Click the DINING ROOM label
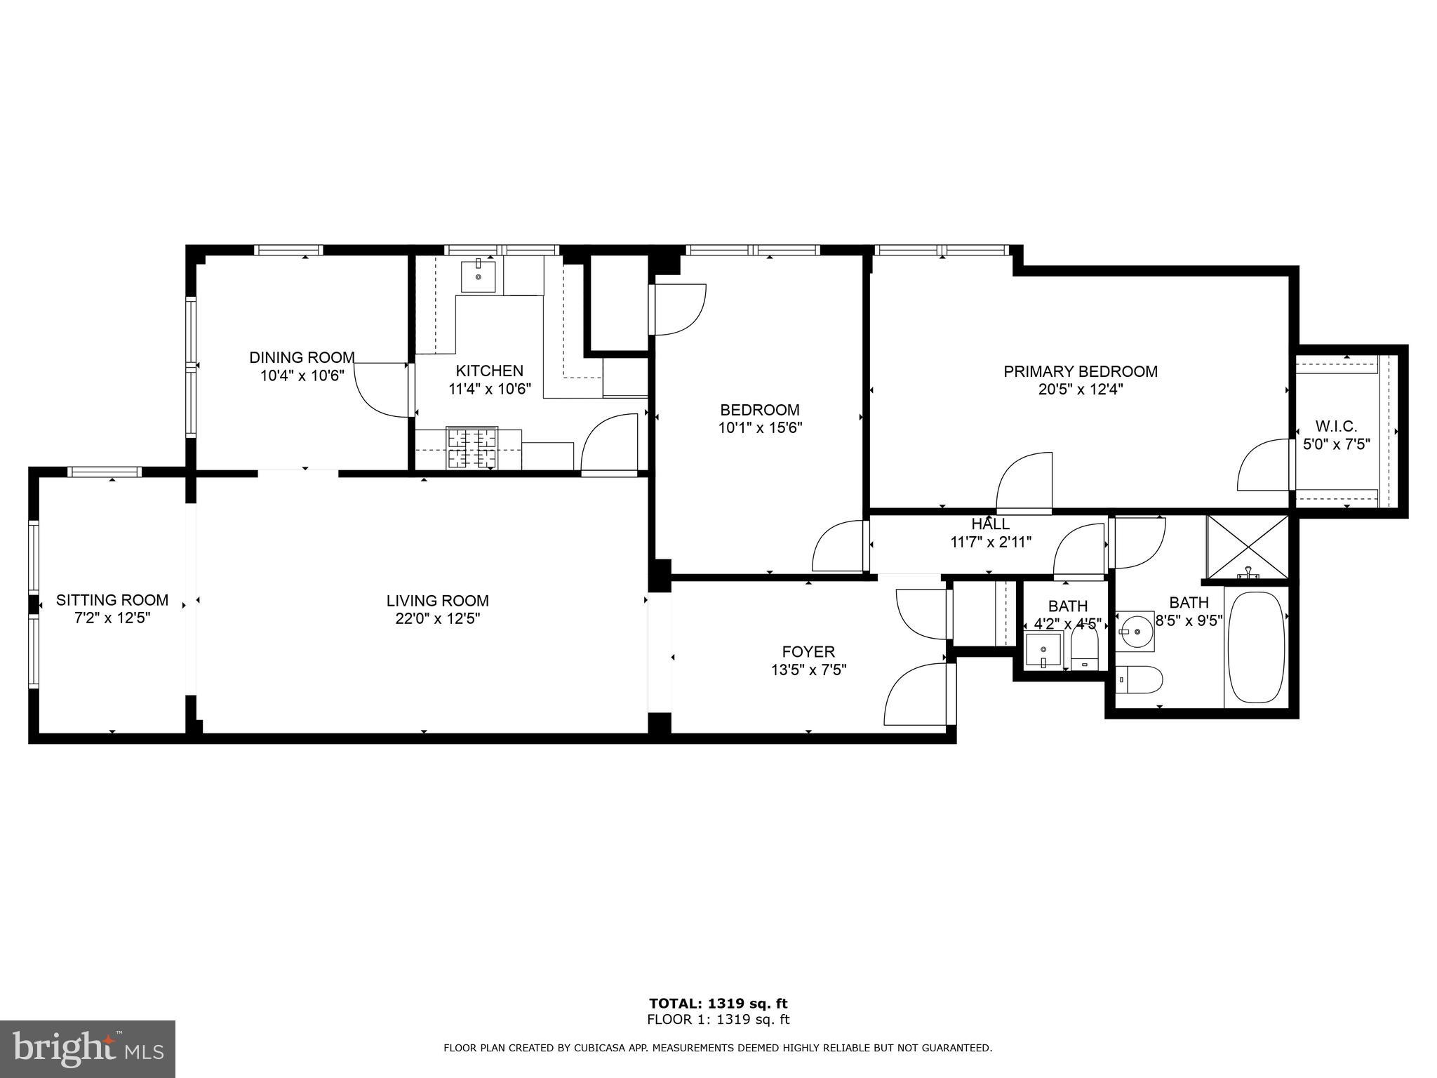point(302,357)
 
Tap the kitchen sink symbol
point(478,276)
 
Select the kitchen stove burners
point(472,448)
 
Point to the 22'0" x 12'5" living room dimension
point(437,619)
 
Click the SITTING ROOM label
point(112,600)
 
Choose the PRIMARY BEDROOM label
point(1081,371)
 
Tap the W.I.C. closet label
point(1336,426)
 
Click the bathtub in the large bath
point(1256,646)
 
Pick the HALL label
point(991,524)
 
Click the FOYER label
point(808,652)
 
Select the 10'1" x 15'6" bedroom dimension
point(760,427)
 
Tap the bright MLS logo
point(88,1049)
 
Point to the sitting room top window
point(105,472)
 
